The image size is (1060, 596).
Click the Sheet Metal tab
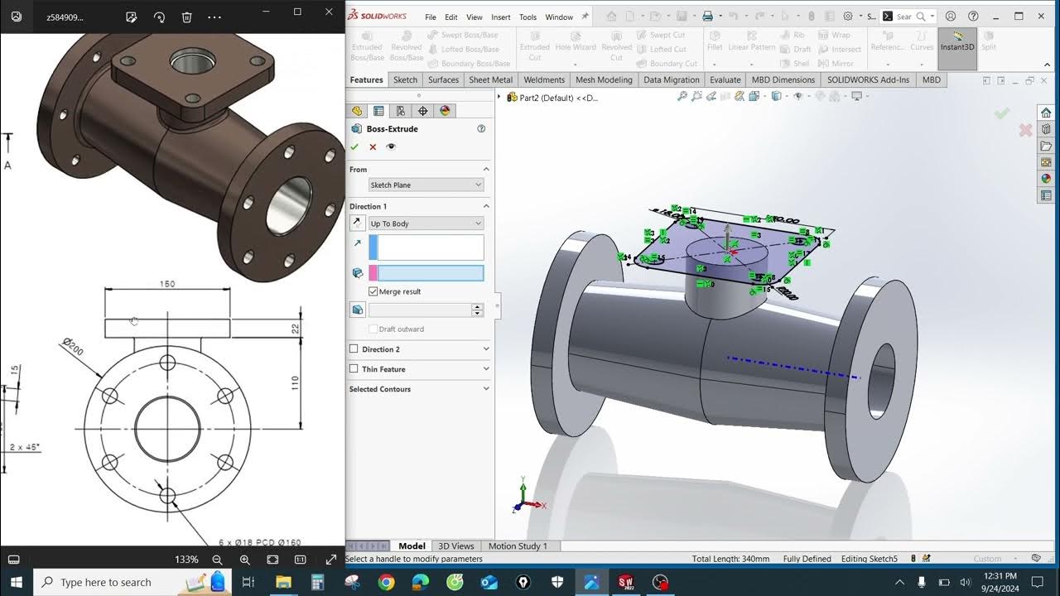pos(490,80)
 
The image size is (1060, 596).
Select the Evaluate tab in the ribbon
pos(725,80)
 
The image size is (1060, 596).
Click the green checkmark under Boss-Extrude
pos(354,147)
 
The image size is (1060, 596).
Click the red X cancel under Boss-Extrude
pos(373,147)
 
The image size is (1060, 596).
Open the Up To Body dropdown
pos(426,223)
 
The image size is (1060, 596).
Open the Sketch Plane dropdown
pos(426,185)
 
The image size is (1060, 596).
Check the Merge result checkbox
pos(373,291)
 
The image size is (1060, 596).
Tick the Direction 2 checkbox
pos(354,349)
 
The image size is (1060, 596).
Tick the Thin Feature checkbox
pos(354,369)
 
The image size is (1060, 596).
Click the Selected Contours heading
pos(380,389)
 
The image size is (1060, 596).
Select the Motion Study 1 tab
pos(518,546)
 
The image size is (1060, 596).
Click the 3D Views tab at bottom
pos(455,546)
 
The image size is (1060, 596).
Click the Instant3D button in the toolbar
pos(957,42)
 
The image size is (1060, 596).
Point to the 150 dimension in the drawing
pos(167,284)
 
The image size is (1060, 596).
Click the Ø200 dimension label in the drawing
pos(72,346)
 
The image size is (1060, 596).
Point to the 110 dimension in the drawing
pos(294,383)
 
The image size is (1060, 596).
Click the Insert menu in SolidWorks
pos(500,17)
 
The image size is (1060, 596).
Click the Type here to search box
pos(106,582)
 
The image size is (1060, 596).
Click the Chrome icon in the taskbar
pos(386,582)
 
